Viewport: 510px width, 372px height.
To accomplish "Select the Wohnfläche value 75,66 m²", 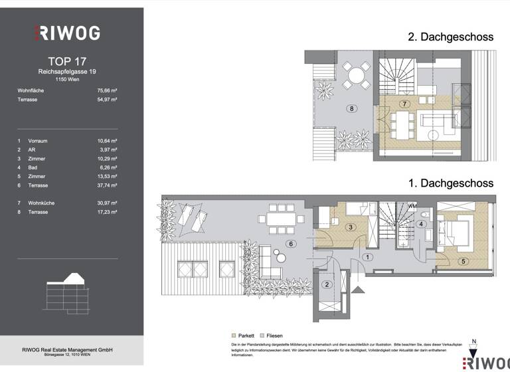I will click(x=107, y=90).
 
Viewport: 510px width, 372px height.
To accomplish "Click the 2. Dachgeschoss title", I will click(x=450, y=37).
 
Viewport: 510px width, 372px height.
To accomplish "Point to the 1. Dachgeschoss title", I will click(x=450, y=183).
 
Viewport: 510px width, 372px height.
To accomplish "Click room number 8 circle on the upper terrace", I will click(x=351, y=108).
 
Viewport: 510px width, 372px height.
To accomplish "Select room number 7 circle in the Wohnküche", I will click(x=404, y=104).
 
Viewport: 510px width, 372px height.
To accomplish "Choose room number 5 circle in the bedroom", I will click(x=463, y=261).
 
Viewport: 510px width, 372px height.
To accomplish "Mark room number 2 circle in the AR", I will click(x=327, y=284).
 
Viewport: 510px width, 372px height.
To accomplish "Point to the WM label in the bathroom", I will click(x=412, y=205).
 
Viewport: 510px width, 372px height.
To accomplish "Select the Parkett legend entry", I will click(x=244, y=336).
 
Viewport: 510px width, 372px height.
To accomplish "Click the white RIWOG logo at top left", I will click(x=66, y=33).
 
